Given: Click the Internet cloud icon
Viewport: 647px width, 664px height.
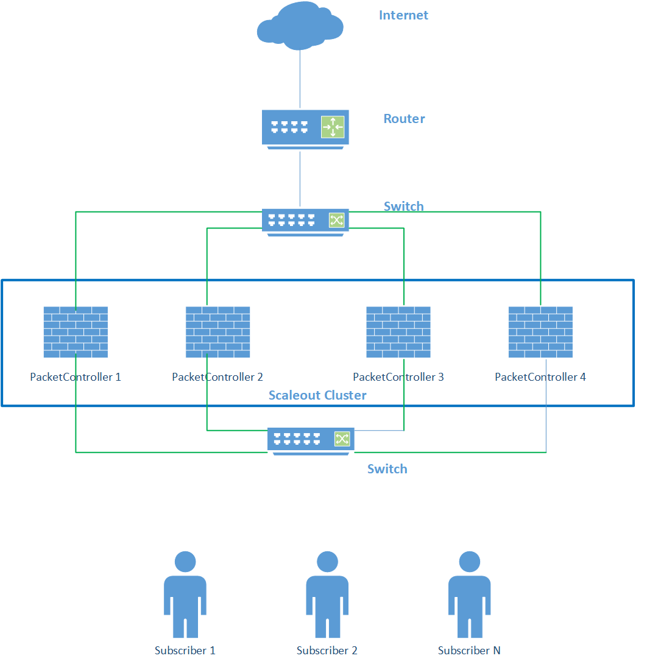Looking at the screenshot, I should [x=299, y=27].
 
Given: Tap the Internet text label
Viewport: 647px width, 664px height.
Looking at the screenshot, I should [x=403, y=15].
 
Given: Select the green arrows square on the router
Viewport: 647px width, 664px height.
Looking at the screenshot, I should [x=333, y=127].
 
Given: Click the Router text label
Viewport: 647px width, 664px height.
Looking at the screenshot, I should [x=404, y=119].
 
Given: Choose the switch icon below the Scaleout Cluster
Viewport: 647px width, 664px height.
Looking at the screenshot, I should [x=311, y=440].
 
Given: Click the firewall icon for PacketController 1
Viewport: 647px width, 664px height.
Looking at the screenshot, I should [x=76, y=332].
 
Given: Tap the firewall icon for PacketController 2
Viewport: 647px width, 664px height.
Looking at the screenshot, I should [x=217, y=332].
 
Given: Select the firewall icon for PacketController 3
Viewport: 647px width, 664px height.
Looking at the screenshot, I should [x=398, y=332].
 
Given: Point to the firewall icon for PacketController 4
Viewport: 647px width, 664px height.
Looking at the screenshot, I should [x=540, y=332].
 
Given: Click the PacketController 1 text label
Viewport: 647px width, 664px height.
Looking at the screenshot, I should [x=76, y=377].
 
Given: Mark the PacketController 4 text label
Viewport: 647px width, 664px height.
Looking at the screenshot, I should [x=540, y=377].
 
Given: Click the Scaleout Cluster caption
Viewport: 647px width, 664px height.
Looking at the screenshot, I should [x=317, y=395].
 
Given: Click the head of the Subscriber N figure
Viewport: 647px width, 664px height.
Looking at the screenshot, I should [x=469, y=562].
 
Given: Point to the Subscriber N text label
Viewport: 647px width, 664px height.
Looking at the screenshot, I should [x=469, y=651].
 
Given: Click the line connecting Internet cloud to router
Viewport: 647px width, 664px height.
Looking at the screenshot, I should [x=300, y=79].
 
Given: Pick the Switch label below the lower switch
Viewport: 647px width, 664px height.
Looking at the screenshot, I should [x=387, y=469].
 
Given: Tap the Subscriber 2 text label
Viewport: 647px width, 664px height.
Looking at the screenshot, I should [x=327, y=651].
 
